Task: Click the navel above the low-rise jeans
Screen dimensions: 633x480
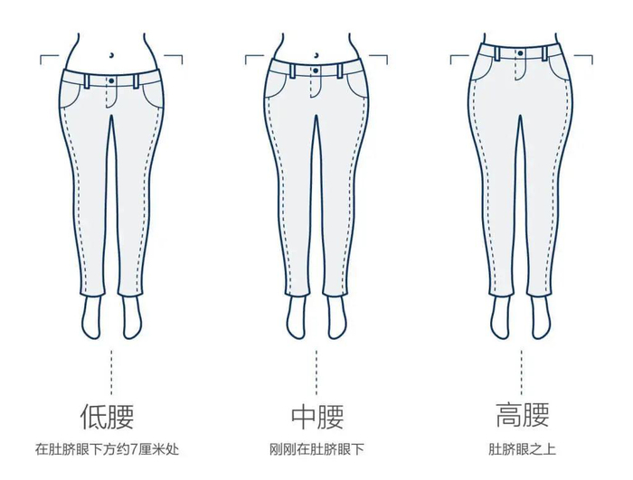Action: (111, 52)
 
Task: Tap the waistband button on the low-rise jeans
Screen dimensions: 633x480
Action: (111, 80)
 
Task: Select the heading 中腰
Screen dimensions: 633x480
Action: (316, 417)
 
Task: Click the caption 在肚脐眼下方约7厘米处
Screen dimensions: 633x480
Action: (108, 448)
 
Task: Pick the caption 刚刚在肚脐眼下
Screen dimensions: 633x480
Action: (316, 448)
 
